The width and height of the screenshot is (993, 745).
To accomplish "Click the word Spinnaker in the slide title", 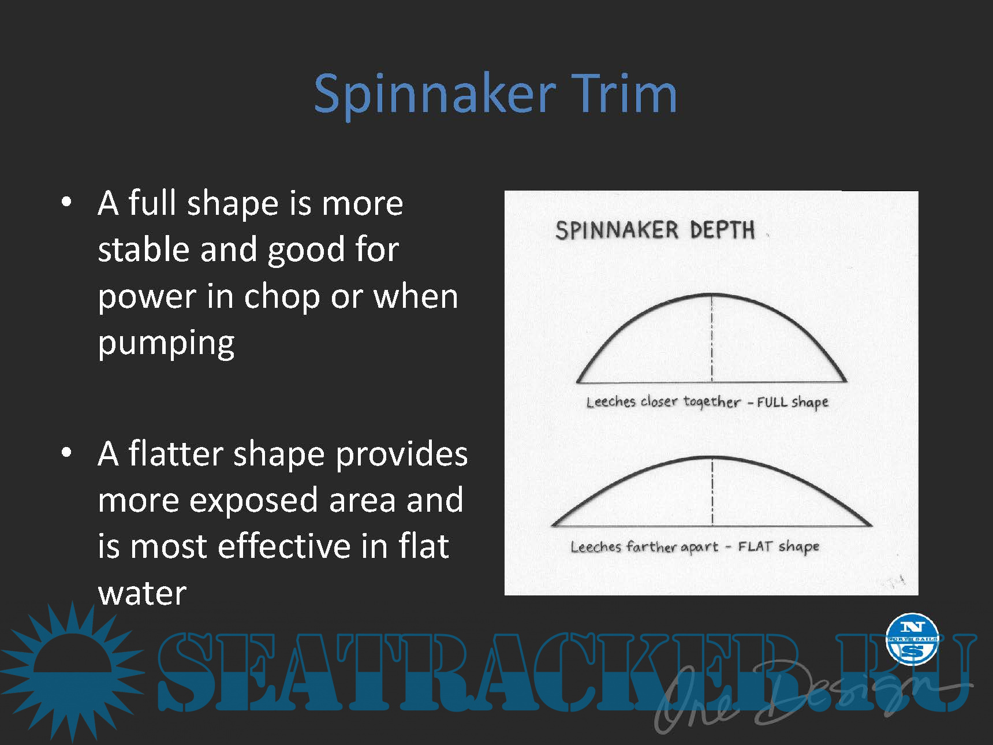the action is [435, 95].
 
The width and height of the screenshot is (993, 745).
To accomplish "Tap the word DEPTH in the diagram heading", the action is [722, 230].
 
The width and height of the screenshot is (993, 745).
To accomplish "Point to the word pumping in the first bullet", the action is [166, 344].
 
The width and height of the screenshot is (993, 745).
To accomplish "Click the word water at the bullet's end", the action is [142, 594].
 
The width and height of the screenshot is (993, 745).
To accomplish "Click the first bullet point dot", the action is [66, 202].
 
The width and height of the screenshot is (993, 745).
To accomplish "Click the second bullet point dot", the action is [66, 453].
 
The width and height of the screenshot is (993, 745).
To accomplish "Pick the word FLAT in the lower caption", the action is [755, 546].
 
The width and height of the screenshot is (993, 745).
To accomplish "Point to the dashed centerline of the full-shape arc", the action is [712, 338].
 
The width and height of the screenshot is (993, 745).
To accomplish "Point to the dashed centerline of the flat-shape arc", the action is [712, 491].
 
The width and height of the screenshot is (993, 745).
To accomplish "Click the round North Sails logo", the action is [912, 639].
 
